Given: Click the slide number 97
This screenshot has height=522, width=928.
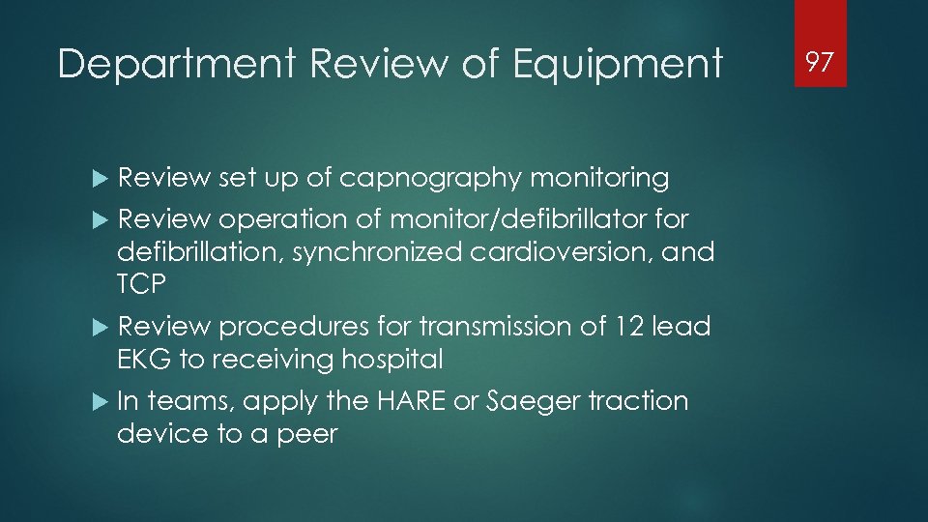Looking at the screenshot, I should tap(820, 63).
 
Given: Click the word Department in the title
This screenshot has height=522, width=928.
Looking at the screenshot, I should tap(177, 65).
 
